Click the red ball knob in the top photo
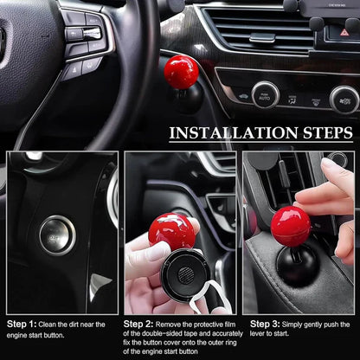[183, 71]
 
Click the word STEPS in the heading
[322, 133]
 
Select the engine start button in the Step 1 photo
[57, 233]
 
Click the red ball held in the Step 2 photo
[171, 231]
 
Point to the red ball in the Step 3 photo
[290, 225]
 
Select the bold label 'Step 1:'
[22, 325]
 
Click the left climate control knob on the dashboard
[265, 93]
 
